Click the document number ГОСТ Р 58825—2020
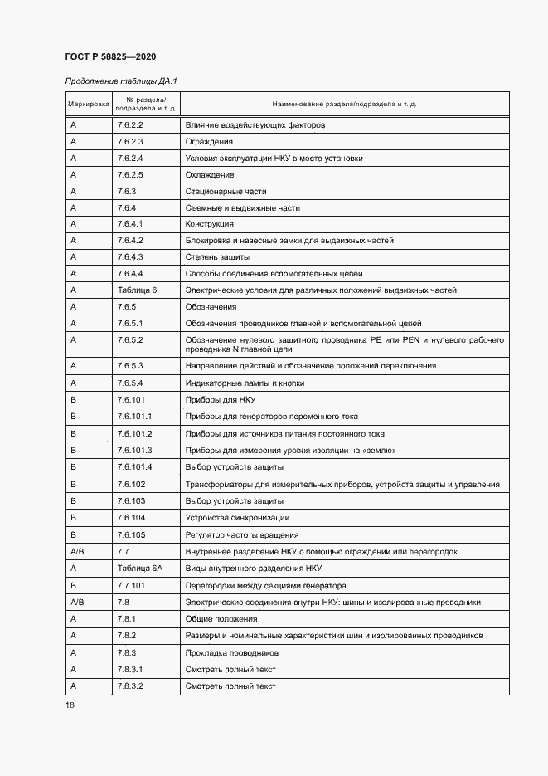pos(110,56)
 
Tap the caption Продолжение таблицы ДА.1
pos(121,81)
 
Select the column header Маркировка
pos(88,104)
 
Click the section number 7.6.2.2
pos(130,125)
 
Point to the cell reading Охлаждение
pos(210,175)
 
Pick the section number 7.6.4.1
pos(130,224)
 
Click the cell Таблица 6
pos(137,290)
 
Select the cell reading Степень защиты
pos(217,257)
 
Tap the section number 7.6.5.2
pos(130,340)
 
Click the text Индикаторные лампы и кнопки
pos(245,383)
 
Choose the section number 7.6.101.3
pos(135,451)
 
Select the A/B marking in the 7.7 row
pos(78,552)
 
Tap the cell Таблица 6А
pos(139,569)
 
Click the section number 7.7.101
pos(133,585)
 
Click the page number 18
pos(69,705)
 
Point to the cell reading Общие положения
pos(221,619)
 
